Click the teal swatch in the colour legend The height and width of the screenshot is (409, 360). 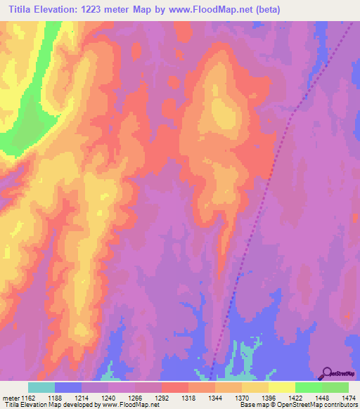click(41, 387)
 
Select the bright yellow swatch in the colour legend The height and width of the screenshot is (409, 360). click(282, 387)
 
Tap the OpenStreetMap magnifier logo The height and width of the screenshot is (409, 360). click(326, 373)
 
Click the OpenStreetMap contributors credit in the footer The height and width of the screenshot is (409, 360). click(310, 405)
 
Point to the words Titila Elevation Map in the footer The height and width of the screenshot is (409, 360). click(28, 405)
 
